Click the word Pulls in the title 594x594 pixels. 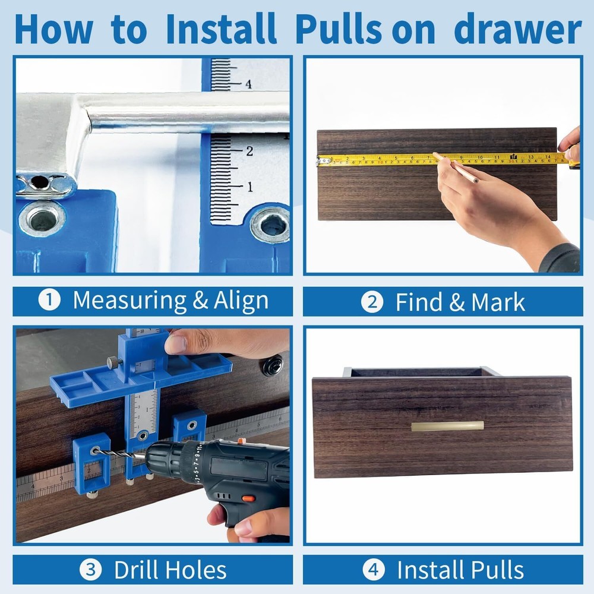tap(339, 29)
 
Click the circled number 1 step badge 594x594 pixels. tap(49, 301)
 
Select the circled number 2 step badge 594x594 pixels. tap(372, 302)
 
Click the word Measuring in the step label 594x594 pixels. tap(128, 301)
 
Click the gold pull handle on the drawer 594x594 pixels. tap(447, 426)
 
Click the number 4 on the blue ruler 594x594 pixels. tap(248, 84)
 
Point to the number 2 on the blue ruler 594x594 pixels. tap(249, 151)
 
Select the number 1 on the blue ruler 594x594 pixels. tap(249, 187)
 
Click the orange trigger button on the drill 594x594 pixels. tap(248, 498)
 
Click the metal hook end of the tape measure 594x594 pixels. tap(323, 160)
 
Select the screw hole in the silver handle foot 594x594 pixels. tap(39, 182)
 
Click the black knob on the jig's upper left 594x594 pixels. tap(111, 362)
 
